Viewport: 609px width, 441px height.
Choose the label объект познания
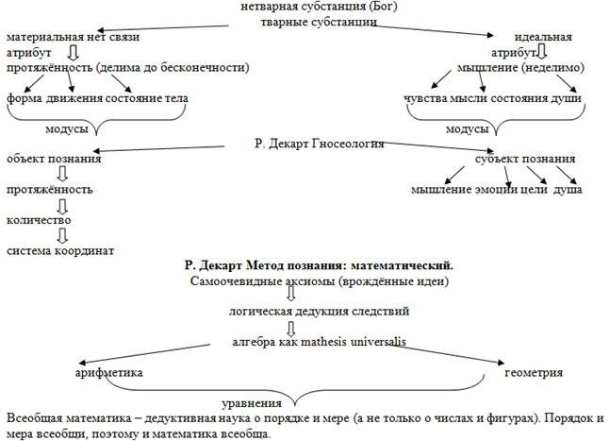coord(54,159)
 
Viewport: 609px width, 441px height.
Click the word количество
coord(39,220)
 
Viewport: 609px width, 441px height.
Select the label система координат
coord(60,250)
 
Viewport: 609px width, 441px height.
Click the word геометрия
coord(534,372)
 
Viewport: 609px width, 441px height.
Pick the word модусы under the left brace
coord(67,127)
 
